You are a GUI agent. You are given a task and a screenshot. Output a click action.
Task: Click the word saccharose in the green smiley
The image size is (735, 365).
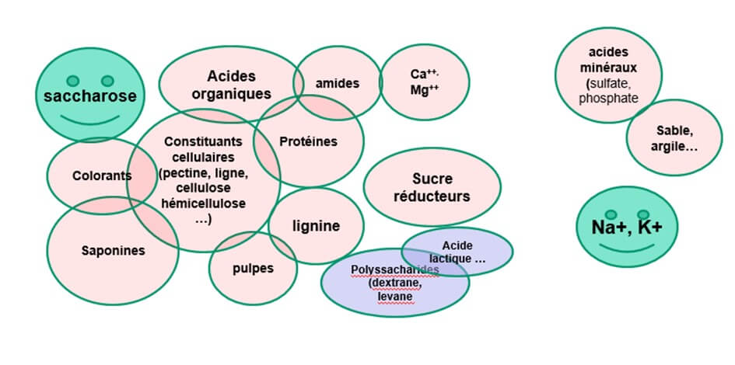tap(90, 96)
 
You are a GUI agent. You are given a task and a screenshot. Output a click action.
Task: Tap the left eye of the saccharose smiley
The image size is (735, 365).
tap(73, 80)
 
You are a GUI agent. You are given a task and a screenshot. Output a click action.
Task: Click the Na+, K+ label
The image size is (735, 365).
tap(626, 227)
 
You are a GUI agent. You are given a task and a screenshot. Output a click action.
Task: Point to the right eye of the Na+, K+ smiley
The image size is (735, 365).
tap(643, 214)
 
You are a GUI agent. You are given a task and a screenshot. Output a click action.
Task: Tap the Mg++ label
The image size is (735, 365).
tap(425, 89)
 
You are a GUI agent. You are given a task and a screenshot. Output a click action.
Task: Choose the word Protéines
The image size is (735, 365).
tap(308, 141)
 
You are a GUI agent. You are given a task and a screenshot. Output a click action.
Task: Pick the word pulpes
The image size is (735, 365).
tap(253, 269)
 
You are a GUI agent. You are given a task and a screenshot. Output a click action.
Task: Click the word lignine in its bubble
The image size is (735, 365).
tap(316, 227)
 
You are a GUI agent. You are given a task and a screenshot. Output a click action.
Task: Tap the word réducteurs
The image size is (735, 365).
tap(432, 196)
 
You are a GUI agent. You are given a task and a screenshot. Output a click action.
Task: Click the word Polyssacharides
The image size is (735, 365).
tap(395, 270)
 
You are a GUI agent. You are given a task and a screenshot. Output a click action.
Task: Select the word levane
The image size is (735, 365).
tap(395, 296)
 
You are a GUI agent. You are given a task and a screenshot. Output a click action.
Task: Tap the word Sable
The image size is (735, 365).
tap(674, 130)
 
